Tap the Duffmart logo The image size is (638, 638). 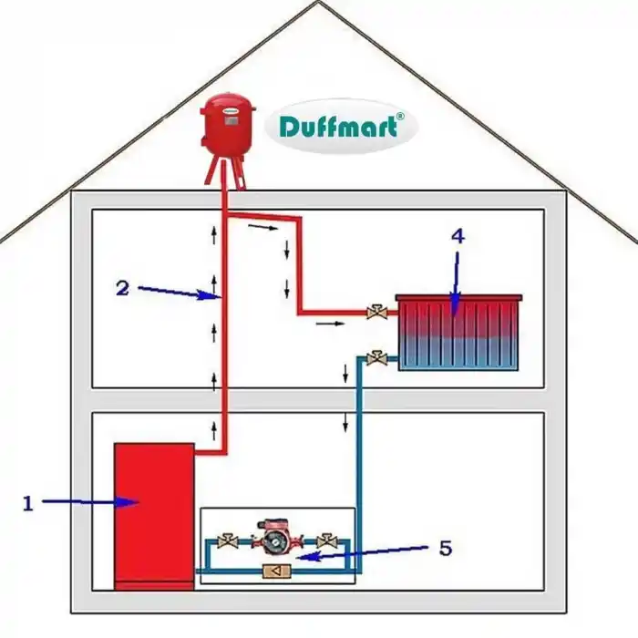(340, 127)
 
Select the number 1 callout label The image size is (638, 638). (27, 502)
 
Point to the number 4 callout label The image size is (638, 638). (458, 235)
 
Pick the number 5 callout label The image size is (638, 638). (445, 548)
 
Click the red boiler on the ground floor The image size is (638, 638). (153, 515)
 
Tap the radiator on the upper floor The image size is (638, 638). (458, 333)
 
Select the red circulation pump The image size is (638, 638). (273, 538)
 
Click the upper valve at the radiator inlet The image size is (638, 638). (374, 313)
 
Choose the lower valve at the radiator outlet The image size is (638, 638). (374, 356)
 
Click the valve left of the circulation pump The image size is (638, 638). (230, 541)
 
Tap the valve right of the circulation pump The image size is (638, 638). (321, 541)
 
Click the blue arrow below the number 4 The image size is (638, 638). (456, 278)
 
